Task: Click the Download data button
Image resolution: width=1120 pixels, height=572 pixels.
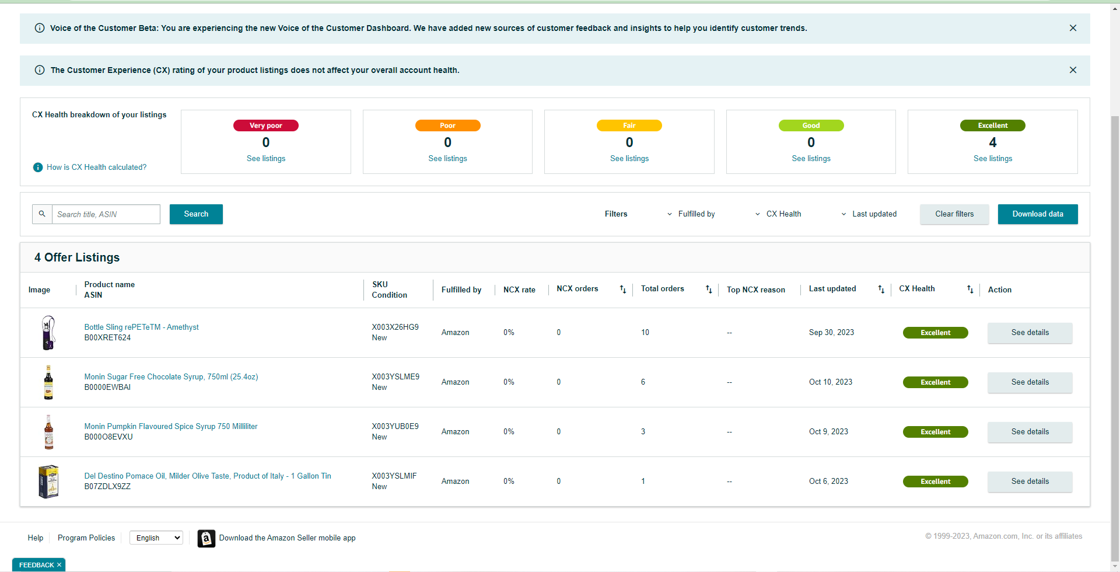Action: [x=1038, y=214]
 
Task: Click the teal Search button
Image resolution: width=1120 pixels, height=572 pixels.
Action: [x=196, y=214]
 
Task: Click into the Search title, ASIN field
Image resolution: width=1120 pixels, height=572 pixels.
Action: [x=106, y=214]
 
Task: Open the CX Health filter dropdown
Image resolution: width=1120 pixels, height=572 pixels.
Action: [x=778, y=214]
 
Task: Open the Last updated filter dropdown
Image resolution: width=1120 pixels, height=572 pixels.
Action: [x=869, y=214]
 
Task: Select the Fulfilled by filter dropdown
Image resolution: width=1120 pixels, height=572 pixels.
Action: [x=691, y=214]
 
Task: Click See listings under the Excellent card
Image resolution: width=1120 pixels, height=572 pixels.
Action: [x=993, y=159]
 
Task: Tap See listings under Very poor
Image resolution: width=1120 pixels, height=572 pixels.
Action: [x=266, y=159]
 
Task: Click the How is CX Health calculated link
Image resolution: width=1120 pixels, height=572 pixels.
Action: [x=96, y=168]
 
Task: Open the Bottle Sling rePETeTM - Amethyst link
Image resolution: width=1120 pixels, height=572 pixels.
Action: [x=141, y=327]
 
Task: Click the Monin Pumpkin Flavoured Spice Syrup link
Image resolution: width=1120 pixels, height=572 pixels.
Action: [x=171, y=427]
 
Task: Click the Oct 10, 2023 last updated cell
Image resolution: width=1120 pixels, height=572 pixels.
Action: [x=831, y=382]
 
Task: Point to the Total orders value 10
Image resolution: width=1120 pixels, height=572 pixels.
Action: [x=645, y=333]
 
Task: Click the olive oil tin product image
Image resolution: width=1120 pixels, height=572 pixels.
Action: [x=49, y=482]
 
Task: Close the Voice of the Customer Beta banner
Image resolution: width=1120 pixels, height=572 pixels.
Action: [x=1073, y=28]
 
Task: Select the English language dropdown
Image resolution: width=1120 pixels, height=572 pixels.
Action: [x=156, y=538]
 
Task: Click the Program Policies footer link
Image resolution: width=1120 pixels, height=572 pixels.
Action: [x=86, y=538]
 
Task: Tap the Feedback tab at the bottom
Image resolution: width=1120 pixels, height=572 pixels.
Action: [x=39, y=565]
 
